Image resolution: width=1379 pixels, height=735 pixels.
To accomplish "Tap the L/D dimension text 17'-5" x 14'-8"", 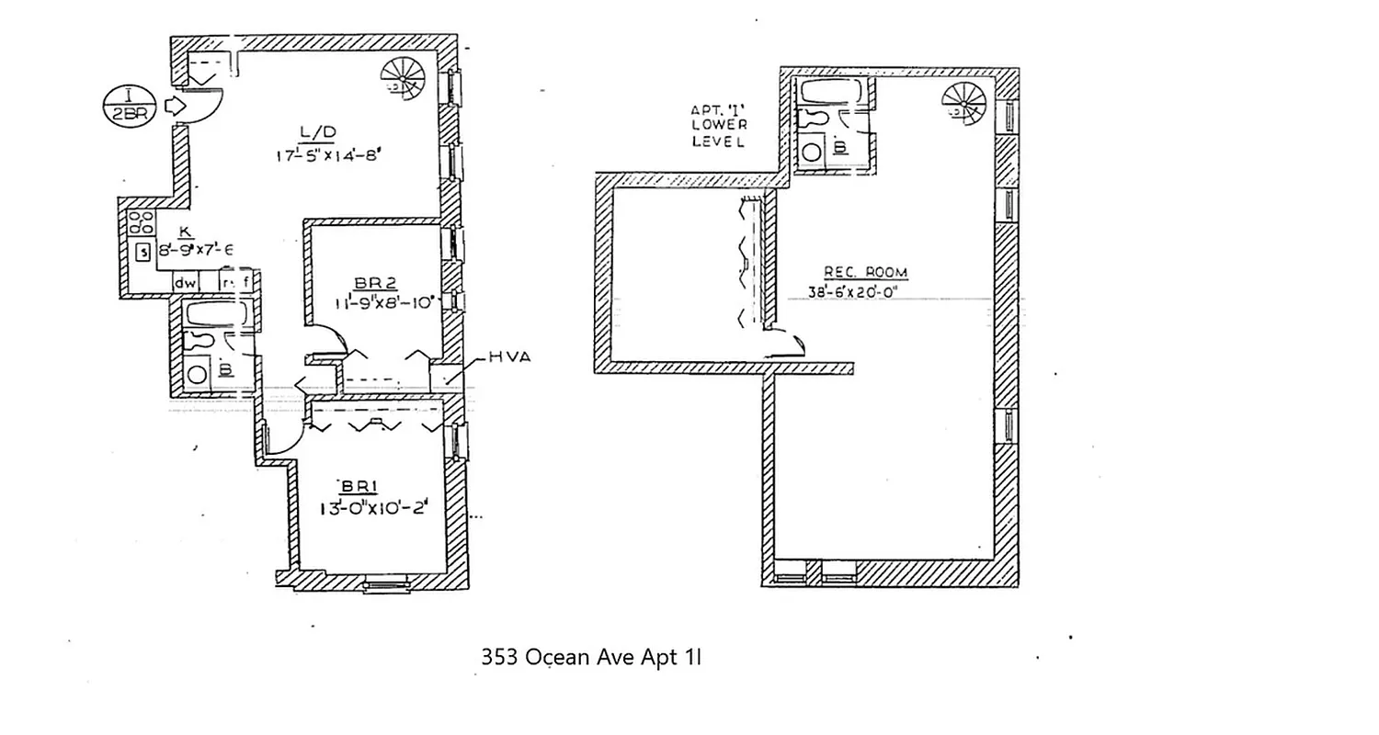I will tap(327, 155).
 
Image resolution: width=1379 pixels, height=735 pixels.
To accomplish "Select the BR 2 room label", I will tap(375, 282).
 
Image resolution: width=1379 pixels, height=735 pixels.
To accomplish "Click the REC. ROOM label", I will tap(865, 272).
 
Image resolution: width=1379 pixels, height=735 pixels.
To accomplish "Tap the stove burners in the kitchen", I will tap(142, 221).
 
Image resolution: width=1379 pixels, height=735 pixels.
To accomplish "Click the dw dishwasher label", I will tap(186, 283).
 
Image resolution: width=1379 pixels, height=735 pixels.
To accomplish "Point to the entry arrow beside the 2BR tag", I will tap(172, 107).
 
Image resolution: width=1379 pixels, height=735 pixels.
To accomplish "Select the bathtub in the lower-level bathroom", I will tap(830, 92).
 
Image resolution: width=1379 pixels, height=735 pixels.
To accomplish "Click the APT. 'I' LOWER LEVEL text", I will tap(718, 126).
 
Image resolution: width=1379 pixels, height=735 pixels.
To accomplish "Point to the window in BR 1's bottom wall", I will tap(385, 584).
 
